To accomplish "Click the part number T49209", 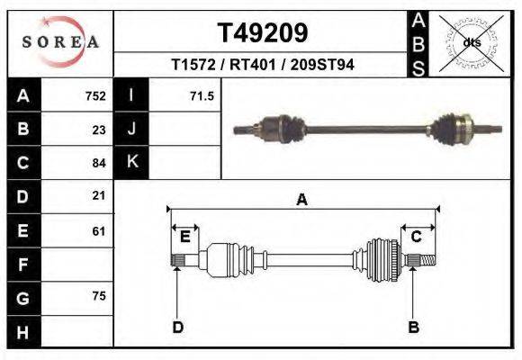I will pyautogui.click(x=263, y=33).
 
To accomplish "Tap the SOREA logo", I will pyautogui.click(x=60, y=41).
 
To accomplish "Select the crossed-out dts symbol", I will pyautogui.click(x=470, y=42).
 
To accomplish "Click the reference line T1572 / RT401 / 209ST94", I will pyautogui.click(x=262, y=65).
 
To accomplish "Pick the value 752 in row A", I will pyautogui.click(x=94, y=96).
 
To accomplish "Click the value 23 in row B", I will pyautogui.click(x=99, y=130).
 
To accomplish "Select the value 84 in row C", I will pyautogui.click(x=99, y=163).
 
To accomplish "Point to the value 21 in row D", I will pyautogui.click(x=99, y=195).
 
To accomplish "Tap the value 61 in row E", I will pyautogui.click(x=99, y=230).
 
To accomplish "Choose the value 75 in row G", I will pyautogui.click(x=99, y=297).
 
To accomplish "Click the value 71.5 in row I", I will pyautogui.click(x=201, y=96).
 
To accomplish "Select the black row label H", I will pyautogui.click(x=22, y=331).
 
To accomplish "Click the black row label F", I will pyautogui.click(x=22, y=265).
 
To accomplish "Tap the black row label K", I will pyautogui.click(x=131, y=163).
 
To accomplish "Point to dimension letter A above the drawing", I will pyautogui.click(x=302, y=200).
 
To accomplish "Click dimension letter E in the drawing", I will pyautogui.click(x=184, y=237).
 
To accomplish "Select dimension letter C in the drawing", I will pyautogui.click(x=417, y=237).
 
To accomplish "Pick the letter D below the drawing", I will pyautogui.click(x=177, y=327).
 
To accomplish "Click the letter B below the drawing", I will pyautogui.click(x=414, y=327).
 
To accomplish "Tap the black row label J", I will pyautogui.click(x=131, y=130).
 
